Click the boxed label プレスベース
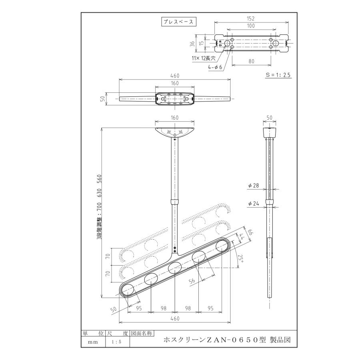tap(179, 22)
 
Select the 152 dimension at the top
tap(251, 18)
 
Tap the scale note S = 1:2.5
tap(278, 75)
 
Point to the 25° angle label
tap(240, 259)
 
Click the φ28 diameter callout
tap(254, 185)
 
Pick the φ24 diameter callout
tap(254, 204)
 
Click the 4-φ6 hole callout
tap(215, 67)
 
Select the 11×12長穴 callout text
tap(204, 58)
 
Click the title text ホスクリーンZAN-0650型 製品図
tap(227, 340)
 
